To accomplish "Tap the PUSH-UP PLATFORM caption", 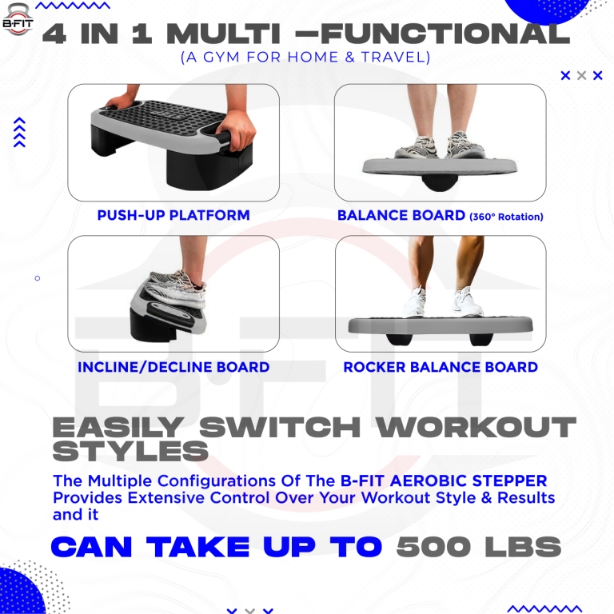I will [x=173, y=215].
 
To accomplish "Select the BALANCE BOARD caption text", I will [x=401, y=215].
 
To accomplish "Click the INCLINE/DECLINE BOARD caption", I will [x=173, y=368].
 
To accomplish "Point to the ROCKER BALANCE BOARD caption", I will [x=441, y=368].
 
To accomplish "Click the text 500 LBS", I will [x=478, y=548].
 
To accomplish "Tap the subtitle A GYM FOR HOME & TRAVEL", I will [x=305, y=58].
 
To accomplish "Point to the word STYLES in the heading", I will [x=130, y=452].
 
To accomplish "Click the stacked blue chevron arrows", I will [x=20, y=133].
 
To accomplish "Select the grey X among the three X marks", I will [x=581, y=76].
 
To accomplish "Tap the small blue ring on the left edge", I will [x=37, y=278].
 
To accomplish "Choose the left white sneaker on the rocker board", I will [x=414, y=303].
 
